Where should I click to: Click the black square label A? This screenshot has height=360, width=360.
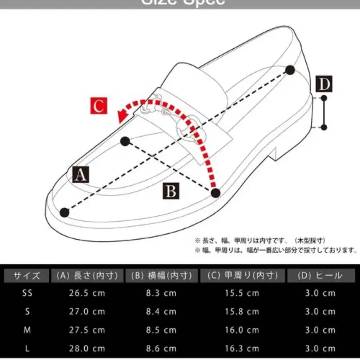(81, 175)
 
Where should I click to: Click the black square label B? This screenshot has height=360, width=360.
(171, 192)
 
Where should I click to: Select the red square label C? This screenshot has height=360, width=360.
(98, 106)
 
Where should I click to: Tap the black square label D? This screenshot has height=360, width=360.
(324, 84)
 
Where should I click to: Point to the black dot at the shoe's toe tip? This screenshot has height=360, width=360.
(64, 212)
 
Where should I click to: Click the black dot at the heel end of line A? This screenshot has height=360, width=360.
(290, 70)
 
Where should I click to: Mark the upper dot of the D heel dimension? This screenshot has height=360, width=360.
(324, 98)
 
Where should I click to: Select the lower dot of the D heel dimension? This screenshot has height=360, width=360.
(324, 128)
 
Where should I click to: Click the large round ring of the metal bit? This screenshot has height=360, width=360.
(189, 128)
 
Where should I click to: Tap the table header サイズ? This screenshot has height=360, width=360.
(27, 276)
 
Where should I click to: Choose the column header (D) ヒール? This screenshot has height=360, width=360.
(320, 276)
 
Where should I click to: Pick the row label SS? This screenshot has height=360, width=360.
(27, 293)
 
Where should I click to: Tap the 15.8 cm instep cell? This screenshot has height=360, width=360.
(242, 312)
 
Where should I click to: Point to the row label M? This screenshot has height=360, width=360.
(27, 330)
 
